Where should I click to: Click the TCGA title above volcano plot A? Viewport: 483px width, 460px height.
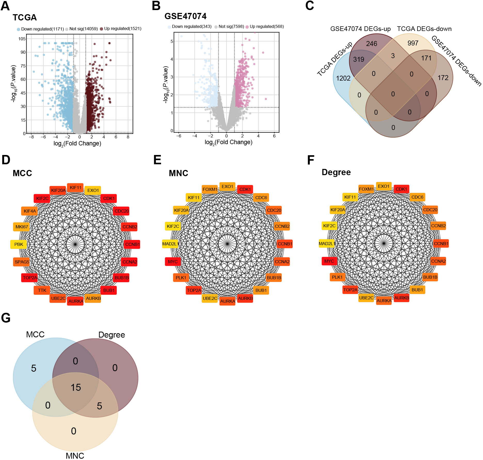pyautogui.click(x=25, y=18)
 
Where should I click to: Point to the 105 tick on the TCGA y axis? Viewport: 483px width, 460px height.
pyautogui.click(x=22, y=39)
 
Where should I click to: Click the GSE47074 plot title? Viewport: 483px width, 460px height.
pyautogui.click(x=185, y=16)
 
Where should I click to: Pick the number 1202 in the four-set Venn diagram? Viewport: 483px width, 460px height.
pyautogui.click(x=343, y=78)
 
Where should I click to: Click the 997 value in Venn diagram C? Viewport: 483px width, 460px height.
pyautogui.click(x=413, y=43)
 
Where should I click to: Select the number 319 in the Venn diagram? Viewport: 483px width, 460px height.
pyautogui.click(x=359, y=59)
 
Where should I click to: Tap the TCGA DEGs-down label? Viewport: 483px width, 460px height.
pyautogui.click(x=424, y=29)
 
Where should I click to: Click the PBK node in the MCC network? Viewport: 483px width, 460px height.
pyautogui.click(x=19, y=244)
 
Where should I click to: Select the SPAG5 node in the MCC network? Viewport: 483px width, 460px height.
pyautogui.click(x=22, y=262)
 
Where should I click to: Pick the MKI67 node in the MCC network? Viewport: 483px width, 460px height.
pyautogui.click(x=22, y=227)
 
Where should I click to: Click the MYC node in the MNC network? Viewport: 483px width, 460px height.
pyautogui.click(x=173, y=262)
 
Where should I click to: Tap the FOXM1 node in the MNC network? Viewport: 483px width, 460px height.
pyautogui.click(x=210, y=189)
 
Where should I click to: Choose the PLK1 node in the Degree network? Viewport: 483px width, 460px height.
pyautogui.click(x=337, y=277)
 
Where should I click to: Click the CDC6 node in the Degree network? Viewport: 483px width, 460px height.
pyautogui.click(x=417, y=197)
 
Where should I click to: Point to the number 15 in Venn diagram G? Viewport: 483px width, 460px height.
pyautogui.click(x=76, y=387)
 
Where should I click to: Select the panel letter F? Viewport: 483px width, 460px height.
pyautogui.click(x=311, y=160)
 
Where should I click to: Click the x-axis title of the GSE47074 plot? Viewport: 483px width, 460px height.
pyautogui.click(x=228, y=142)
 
